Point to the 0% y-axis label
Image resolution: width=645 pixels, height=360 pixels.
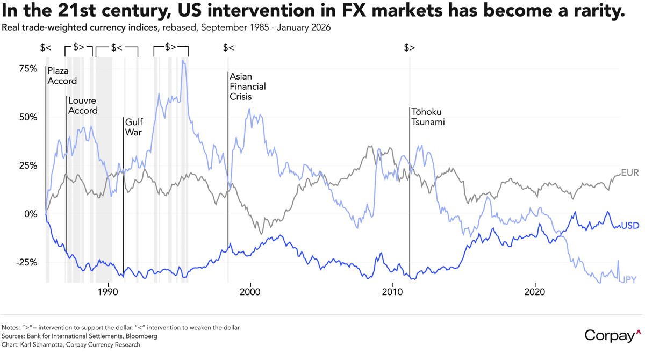click(30, 214)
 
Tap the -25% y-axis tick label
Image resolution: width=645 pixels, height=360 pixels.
click(26, 262)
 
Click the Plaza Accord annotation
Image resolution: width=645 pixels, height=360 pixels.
click(62, 76)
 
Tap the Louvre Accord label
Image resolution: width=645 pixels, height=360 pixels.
click(83, 106)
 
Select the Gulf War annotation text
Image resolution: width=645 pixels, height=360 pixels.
click(133, 127)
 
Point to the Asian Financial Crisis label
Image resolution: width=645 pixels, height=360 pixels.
click(247, 87)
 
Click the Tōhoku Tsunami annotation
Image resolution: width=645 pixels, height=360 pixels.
click(428, 117)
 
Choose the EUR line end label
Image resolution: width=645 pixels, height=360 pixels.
click(629, 172)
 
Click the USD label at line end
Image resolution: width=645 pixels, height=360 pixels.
click(630, 226)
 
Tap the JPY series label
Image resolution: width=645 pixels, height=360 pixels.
click(630, 280)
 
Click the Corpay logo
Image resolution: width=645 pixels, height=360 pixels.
click(613, 336)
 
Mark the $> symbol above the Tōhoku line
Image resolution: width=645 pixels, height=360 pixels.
click(410, 48)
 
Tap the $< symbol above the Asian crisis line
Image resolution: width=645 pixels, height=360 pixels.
click(228, 48)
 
